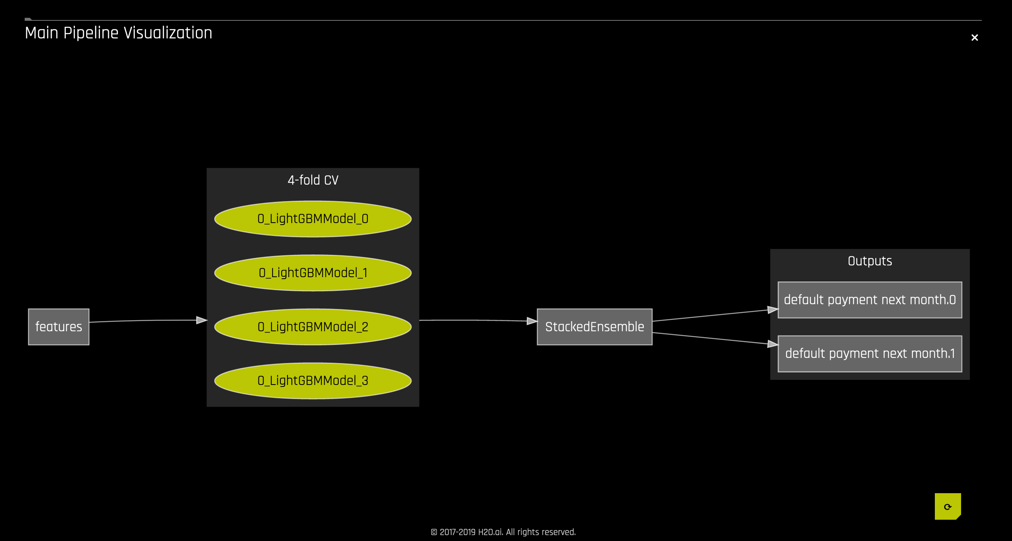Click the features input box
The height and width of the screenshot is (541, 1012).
[58, 327]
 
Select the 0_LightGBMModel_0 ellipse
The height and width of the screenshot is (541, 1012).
[313, 219]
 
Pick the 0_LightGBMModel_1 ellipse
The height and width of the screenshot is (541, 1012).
[313, 273]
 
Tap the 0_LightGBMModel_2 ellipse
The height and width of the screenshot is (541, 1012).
[313, 327]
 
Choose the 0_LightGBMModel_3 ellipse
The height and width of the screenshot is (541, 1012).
[313, 381]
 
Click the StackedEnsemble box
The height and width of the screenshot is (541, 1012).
[595, 327]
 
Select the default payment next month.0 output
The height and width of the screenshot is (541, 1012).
[869, 300]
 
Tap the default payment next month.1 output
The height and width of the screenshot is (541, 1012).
[869, 354]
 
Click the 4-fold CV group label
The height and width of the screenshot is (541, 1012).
[313, 180]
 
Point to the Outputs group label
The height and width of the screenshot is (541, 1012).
[869, 261]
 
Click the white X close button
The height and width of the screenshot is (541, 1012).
[974, 38]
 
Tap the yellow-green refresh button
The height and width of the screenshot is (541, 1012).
[947, 507]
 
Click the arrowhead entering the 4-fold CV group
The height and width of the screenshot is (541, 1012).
[202, 320]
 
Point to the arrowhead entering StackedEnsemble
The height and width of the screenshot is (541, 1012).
[532, 321]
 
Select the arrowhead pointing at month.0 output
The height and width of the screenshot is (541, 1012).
[773, 310]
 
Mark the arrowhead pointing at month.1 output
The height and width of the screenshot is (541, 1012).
[773, 344]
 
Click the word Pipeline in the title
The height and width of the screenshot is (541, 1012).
[91, 33]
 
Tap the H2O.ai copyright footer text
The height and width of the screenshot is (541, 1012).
[503, 532]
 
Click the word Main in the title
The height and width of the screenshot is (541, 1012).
[41, 33]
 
